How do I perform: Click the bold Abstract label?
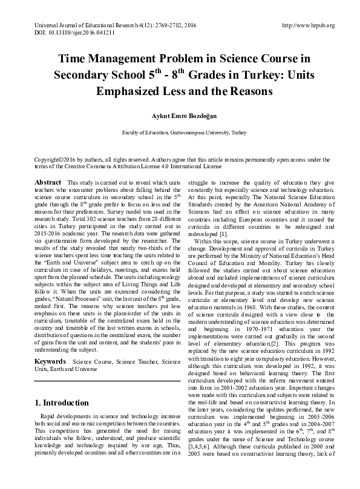48,182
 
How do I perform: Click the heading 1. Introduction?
62,403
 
